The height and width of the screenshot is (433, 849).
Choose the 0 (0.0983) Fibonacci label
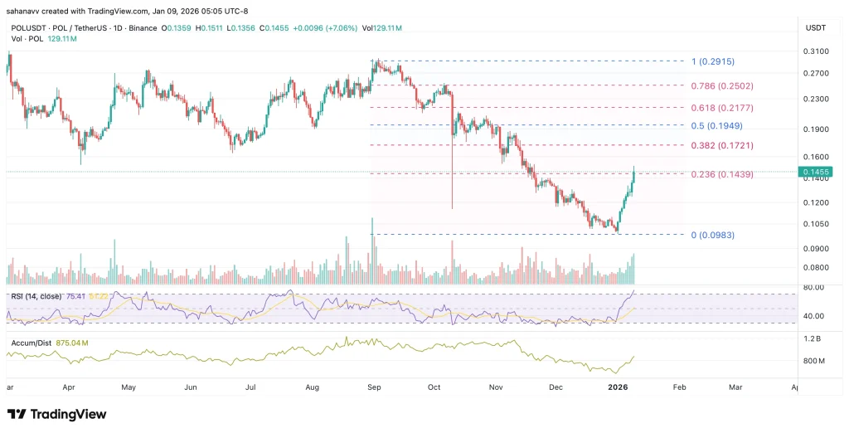(713, 236)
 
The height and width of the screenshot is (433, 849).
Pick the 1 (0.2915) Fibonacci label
(713, 61)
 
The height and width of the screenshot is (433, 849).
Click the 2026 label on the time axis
(617, 387)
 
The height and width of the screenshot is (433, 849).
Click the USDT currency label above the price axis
(816, 28)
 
